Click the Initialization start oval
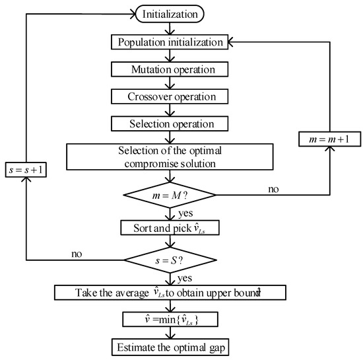coord(171,13)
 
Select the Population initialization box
coord(171,42)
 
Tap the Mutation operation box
coord(171,68)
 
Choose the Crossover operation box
coord(171,96)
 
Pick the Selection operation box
coord(171,123)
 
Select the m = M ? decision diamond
coord(171,196)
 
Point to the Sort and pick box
coord(171,227)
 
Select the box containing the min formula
coord(171,318)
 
